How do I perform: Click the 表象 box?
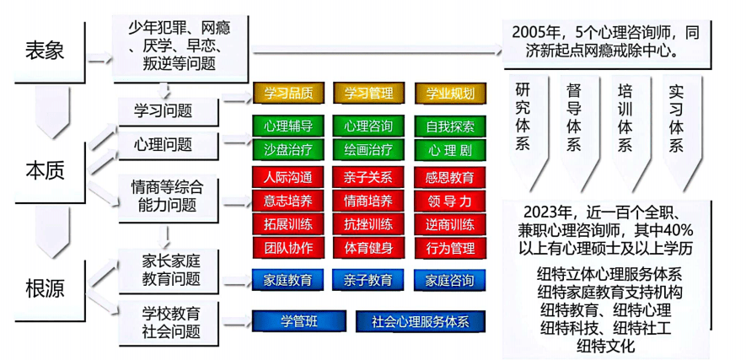click(45, 51)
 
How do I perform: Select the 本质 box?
click(45, 169)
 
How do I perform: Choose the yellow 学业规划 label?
click(450, 93)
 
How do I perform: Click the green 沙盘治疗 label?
click(288, 149)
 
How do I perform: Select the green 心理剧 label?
click(450, 149)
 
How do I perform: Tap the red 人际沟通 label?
click(288, 178)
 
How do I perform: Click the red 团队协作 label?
click(288, 247)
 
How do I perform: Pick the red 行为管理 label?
click(450, 247)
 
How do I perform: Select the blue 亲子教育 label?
click(368, 279)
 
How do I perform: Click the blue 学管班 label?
click(299, 321)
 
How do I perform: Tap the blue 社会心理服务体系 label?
click(420, 321)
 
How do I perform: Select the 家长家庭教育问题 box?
click(171, 269)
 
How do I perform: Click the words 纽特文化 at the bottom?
click(610, 345)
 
